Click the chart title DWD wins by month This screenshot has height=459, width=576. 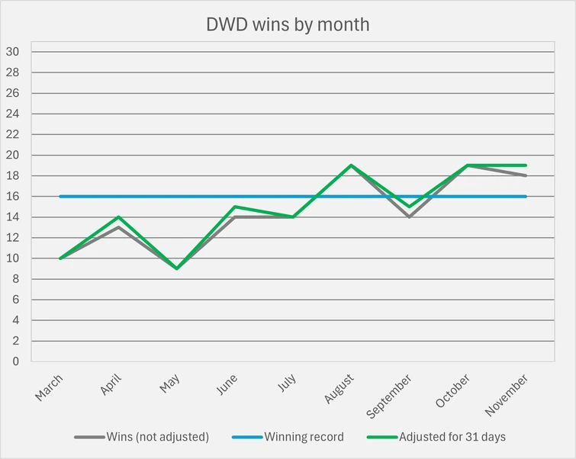(x=288, y=24)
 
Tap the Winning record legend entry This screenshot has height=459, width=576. (x=304, y=437)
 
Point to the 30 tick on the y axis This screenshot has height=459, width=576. (x=12, y=52)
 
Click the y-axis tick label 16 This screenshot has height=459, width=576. (x=12, y=197)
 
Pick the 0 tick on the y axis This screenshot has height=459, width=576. (x=15, y=361)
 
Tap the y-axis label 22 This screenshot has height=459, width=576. (x=12, y=134)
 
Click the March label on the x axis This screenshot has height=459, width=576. (x=50, y=387)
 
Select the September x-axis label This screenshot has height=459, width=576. (x=390, y=395)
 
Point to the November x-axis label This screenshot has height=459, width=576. (x=506, y=395)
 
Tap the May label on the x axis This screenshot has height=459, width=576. (x=170, y=383)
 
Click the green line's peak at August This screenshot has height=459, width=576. (x=351, y=165)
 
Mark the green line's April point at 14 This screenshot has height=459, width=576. (x=118, y=217)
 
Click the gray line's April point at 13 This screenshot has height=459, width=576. (x=118, y=227)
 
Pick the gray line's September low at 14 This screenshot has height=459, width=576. (x=409, y=217)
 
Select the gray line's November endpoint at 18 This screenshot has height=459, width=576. (x=526, y=175)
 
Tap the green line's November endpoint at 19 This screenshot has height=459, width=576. (x=526, y=165)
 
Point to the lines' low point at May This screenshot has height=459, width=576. (x=176, y=268)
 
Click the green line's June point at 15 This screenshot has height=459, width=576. (x=234, y=207)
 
